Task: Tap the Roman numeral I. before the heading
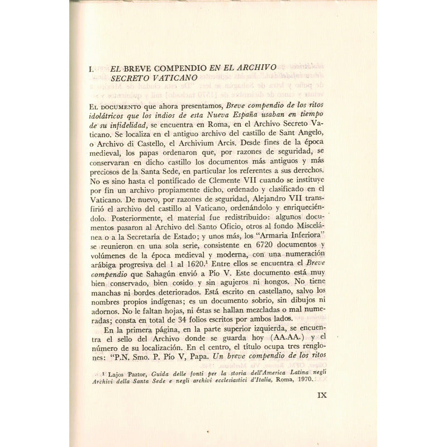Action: click(92, 68)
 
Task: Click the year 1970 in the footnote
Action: click(329, 379)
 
